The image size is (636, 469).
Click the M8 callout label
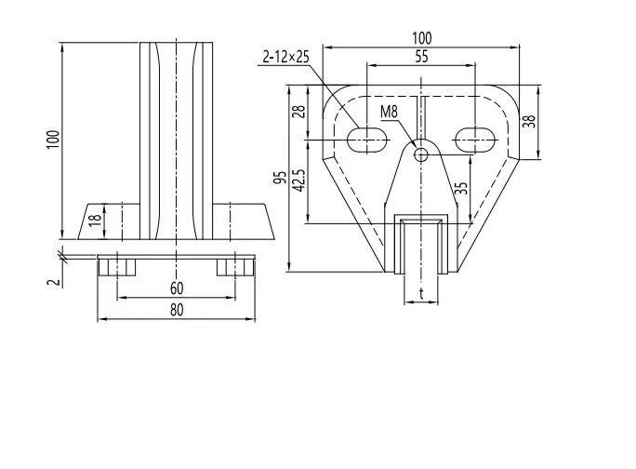[389, 112]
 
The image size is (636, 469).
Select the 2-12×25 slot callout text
[285, 57]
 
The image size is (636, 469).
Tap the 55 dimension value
[421, 57]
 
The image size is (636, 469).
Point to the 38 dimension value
[529, 121]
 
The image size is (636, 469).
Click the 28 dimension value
[298, 112]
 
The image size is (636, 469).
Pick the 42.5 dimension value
[298, 180]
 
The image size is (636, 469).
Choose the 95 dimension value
[280, 178]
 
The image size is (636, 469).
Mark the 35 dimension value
[461, 188]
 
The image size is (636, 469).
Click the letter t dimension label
[421, 293]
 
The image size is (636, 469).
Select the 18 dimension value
[95, 219]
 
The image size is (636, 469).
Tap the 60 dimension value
[177, 288]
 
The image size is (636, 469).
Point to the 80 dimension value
[177, 310]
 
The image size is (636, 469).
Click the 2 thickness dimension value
[54, 282]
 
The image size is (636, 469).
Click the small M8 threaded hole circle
[421, 154]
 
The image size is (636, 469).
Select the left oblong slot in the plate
[367, 141]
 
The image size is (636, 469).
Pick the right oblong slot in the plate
[475, 141]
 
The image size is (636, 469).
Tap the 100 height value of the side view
[53, 141]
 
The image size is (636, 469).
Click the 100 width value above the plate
[422, 38]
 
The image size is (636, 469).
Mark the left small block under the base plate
[117, 267]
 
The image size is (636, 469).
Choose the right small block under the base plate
[235, 267]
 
